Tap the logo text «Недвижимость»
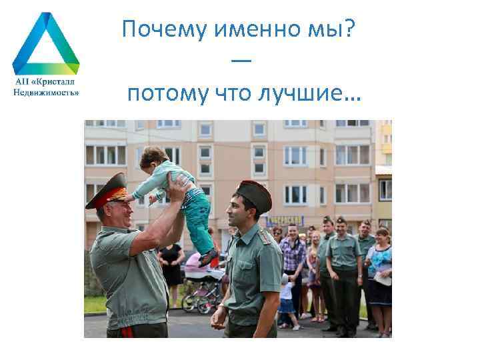point(46,92)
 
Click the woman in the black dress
point(171,263)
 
